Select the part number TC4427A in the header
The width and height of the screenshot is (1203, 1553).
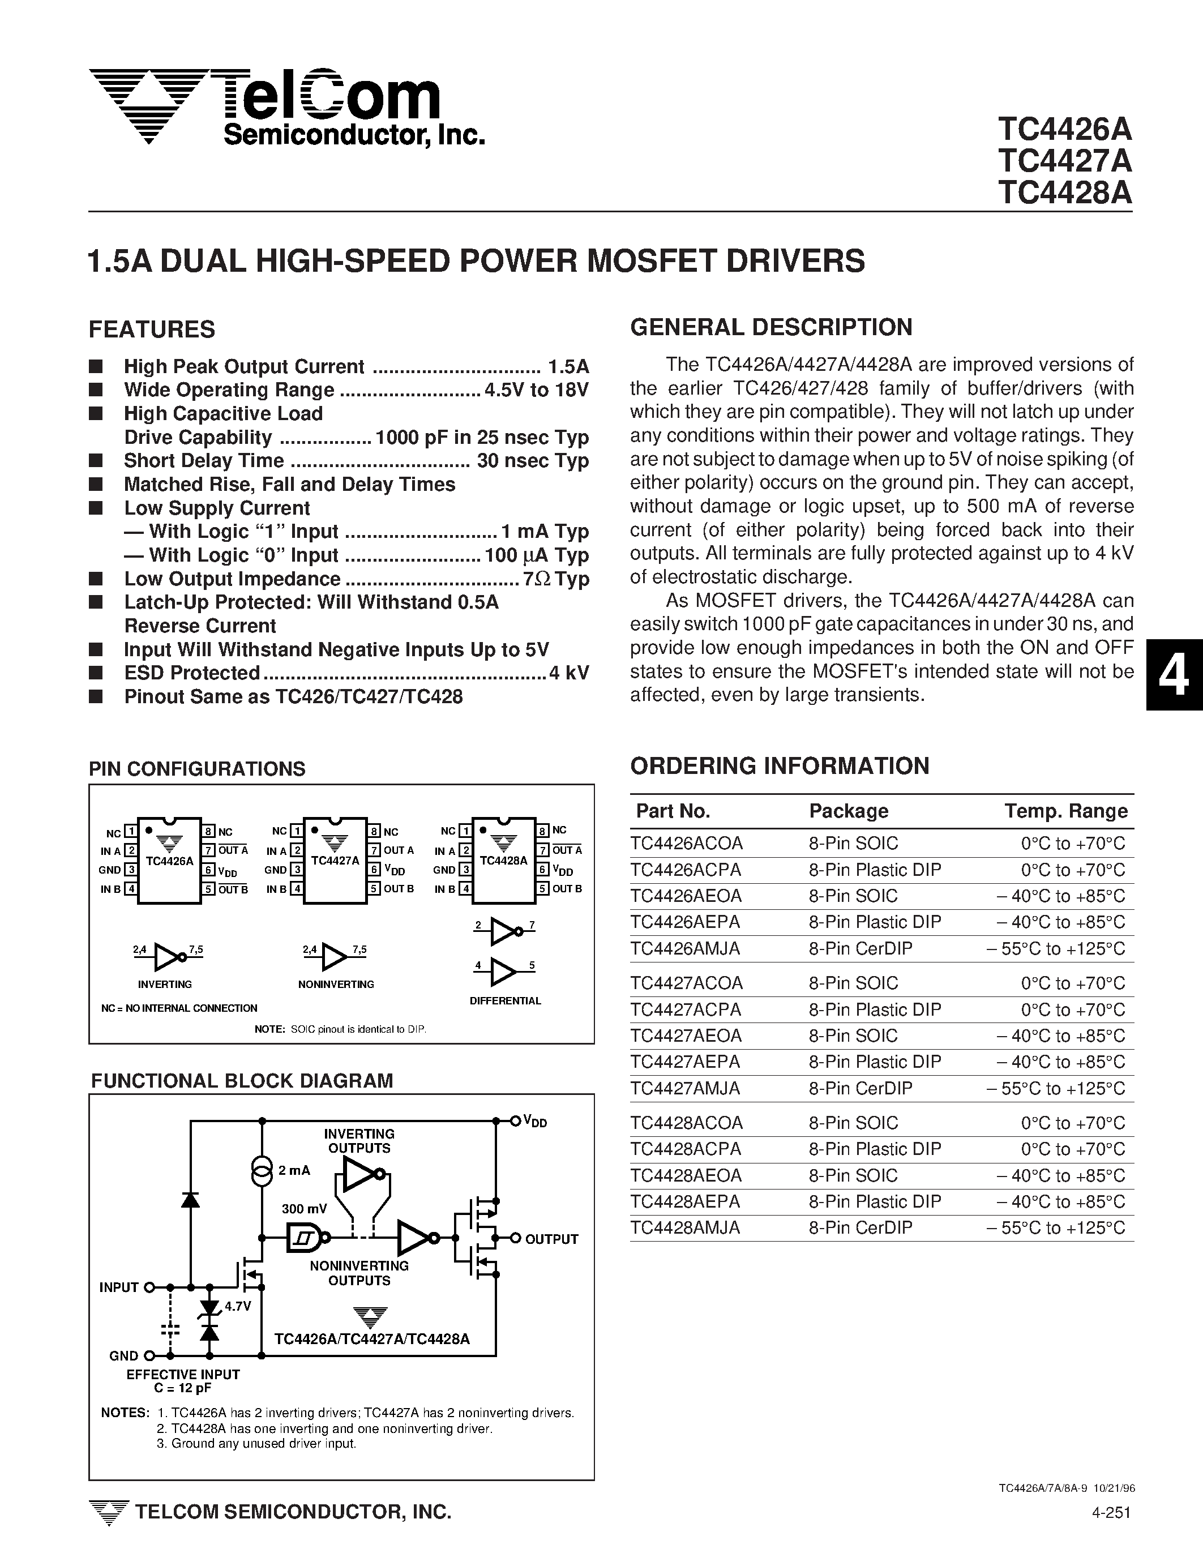[x=1064, y=161]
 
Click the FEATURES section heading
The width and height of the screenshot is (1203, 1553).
[x=152, y=330]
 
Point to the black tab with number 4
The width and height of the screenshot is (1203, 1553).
[x=1173, y=675]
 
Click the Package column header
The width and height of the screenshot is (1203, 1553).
[x=848, y=811]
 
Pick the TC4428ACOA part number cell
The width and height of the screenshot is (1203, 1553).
[x=686, y=1123]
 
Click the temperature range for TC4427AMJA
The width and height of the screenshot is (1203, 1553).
[x=1055, y=1088]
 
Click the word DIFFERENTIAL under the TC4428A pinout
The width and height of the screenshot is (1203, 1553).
[x=505, y=1000]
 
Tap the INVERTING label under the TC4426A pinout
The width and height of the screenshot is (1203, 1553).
[x=164, y=984]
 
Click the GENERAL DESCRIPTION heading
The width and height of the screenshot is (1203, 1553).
[x=770, y=327]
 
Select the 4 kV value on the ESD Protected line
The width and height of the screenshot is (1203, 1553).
[x=569, y=673]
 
